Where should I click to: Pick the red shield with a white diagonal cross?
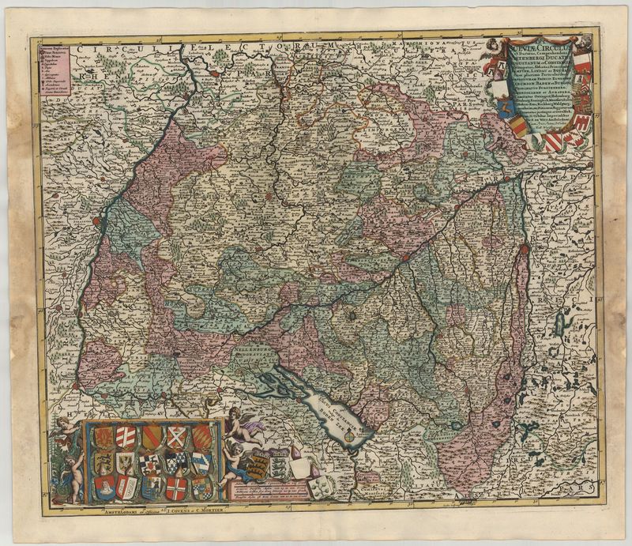coord(175,436)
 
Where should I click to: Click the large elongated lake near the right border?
coord(562,321)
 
